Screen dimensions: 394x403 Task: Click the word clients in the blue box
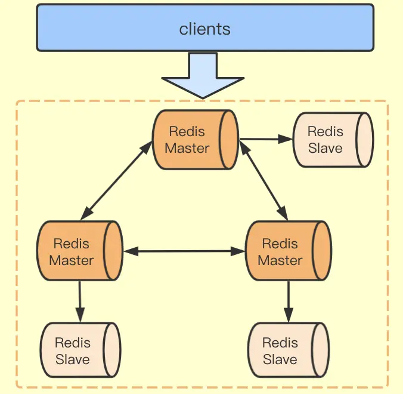pyautogui.click(x=204, y=29)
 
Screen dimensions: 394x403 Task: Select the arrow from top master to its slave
pyautogui.click(x=265, y=139)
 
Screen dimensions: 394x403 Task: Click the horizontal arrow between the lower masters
pyautogui.click(x=184, y=251)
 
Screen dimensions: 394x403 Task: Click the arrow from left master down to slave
pyautogui.click(x=80, y=301)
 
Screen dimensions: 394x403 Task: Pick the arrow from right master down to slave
pyautogui.click(x=289, y=301)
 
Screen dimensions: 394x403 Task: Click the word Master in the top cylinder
pyautogui.click(x=187, y=148)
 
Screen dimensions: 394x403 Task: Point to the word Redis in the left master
pyautogui.click(x=72, y=244)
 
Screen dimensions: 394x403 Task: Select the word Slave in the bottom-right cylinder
pyautogui.click(x=280, y=359)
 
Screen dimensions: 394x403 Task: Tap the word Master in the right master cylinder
pyautogui.click(x=280, y=260)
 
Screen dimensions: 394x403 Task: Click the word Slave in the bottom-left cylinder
pyautogui.click(x=73, y=359)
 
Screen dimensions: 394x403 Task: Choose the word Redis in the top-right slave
pyautogui.click(x=325, y=131)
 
